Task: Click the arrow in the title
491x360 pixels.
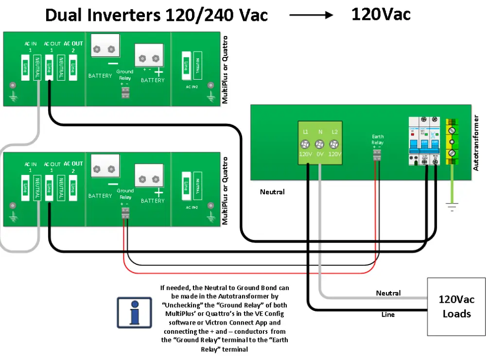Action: click(x=311, y=15)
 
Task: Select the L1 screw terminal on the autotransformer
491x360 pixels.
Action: click(x=306, y=144)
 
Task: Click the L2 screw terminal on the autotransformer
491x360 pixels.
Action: click(x=334, y=144)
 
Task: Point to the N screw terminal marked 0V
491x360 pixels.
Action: click(x=320, y=144)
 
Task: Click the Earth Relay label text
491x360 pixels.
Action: click(x=378, y=139)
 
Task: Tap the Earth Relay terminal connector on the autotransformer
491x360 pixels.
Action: click(x=378, y=155)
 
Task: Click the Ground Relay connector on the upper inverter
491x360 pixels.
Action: click(x=125, y=92)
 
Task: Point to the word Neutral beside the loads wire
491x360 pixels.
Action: click(x=388, y=293)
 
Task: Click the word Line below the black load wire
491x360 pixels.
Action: click(x=388, y=314)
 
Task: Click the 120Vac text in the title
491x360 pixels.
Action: click(x=381, y=14)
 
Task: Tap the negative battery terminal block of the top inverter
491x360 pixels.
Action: click(x=104, y=49)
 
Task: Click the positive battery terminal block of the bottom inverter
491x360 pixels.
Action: click(x=149, y=180)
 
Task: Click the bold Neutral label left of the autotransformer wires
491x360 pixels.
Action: click(x=272, y=192)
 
